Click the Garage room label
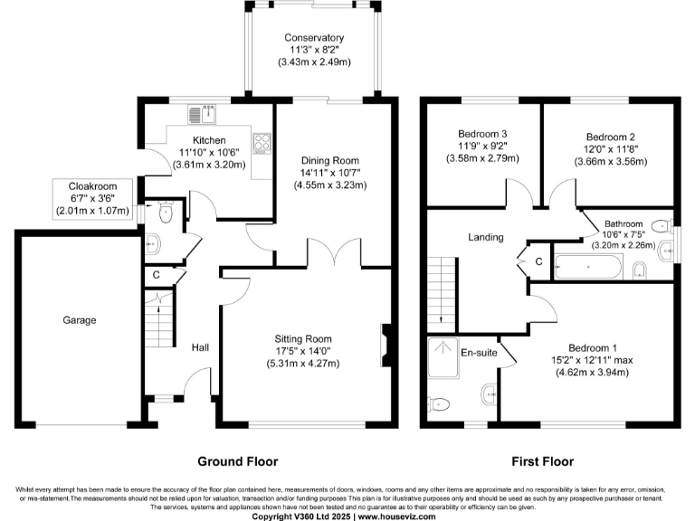point(80,320)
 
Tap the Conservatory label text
point(313,38)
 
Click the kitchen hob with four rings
point(262,143)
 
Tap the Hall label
point(201,346)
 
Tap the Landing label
point(485,237)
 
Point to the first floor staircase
point(441,289)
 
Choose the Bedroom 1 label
point(593,348)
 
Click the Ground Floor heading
point(237,461)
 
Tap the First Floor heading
point(542,461)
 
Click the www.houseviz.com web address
point(396,516)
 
